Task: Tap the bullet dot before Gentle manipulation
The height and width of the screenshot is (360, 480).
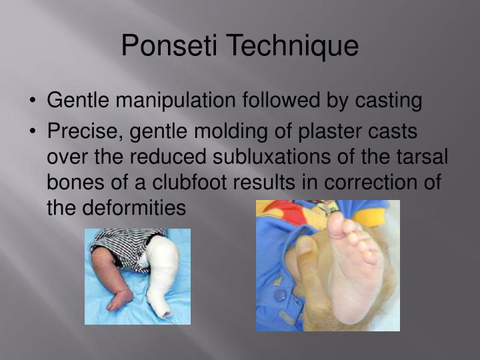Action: pos(33,101)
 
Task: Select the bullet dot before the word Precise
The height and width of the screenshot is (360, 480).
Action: pos(33,131)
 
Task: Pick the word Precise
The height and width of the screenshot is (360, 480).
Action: pos(85,131)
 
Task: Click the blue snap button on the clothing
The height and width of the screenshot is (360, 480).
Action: pos(280,294)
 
